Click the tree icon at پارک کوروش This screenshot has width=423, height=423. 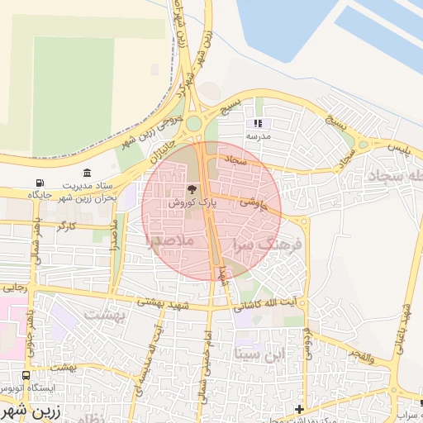[x=192, y=189]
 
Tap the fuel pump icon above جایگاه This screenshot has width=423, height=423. [x=39, y=183]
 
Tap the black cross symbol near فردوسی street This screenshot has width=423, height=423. [x=298, y=409]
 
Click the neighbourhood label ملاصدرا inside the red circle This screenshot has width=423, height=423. [x=169, y=240]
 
